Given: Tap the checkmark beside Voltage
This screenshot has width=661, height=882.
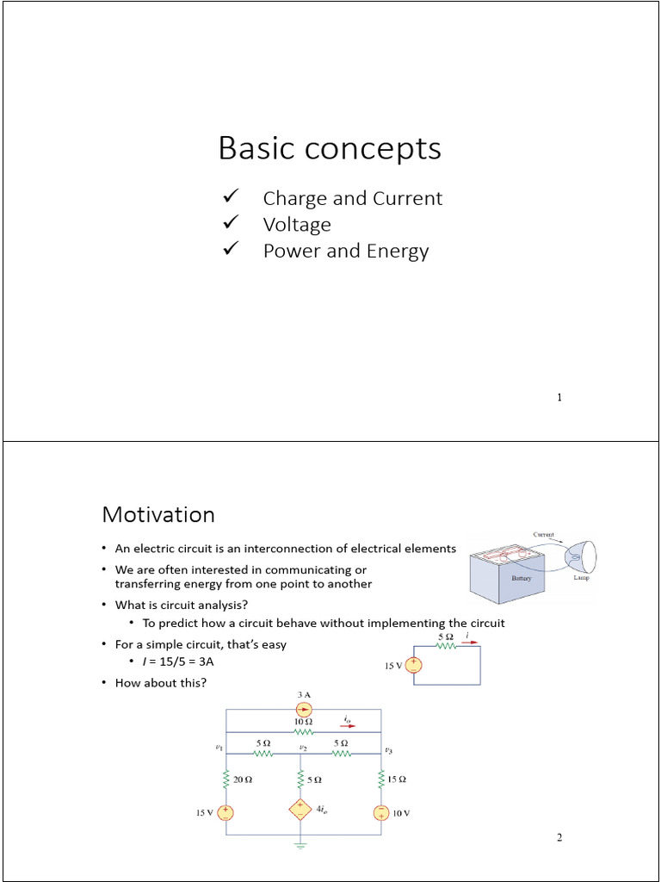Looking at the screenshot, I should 230,224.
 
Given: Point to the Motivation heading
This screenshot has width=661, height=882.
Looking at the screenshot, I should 158,514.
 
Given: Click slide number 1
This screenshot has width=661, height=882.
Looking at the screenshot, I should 559,397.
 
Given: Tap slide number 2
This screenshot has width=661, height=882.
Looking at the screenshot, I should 559,838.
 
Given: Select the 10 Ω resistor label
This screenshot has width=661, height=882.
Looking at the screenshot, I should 303,720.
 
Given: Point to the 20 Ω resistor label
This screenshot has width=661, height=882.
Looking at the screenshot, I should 243,780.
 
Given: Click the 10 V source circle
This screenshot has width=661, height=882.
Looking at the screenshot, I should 380,812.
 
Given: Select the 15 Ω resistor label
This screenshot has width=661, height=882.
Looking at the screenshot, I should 397,780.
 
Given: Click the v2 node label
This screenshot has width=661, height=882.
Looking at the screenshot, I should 303,748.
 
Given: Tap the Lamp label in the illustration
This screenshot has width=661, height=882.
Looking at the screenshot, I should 582,579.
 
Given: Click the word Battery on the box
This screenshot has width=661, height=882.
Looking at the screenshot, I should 522,579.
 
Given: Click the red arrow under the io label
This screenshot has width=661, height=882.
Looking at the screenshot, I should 347,725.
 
